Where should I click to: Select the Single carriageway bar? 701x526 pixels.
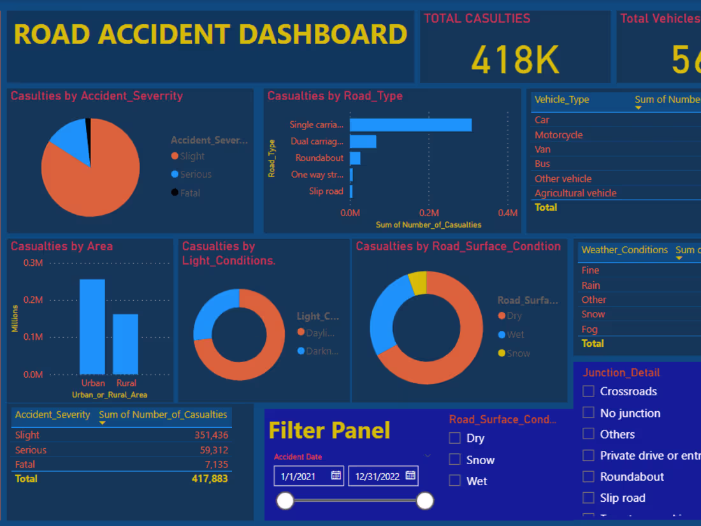click(x=410, y=125)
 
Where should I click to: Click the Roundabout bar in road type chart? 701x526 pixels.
click(x=355, y=158)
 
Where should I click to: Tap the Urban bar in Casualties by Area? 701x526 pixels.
click(x=92, y=326)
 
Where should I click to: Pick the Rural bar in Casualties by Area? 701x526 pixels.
click(x=126, y=344)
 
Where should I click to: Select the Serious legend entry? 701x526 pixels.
click(x=195, y=175)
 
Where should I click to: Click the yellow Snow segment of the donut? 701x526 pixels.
click(x=418, y=282)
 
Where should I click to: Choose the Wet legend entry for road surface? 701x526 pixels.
click(x=515, y=335)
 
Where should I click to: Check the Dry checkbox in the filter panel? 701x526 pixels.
click(x=454, y=439)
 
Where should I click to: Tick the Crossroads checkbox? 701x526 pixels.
click(x=589, y=391)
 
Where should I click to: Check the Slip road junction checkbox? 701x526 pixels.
click(x=589, y=498)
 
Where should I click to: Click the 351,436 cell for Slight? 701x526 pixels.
click(x=211, y=435)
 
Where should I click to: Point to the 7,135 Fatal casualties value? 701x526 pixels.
click(x=216, y=465)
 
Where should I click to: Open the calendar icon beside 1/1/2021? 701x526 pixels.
click(x=336, y=476)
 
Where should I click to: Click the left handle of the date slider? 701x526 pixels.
click(x=285, y=501)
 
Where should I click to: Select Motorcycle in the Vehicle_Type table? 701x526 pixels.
click(x=558, y=135)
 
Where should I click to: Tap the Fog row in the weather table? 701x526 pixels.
click(x=589, y=329)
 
